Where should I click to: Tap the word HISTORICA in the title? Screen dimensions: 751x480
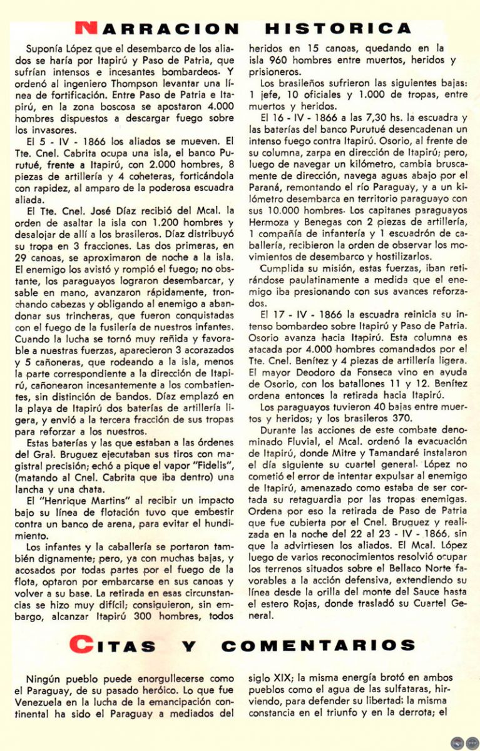pyautogui.click(x=339, y=28)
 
